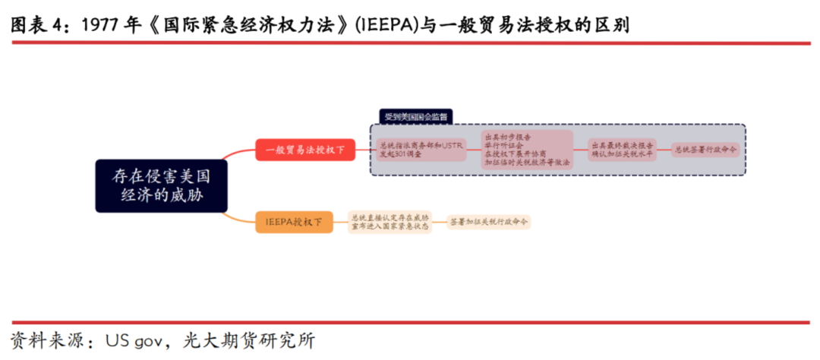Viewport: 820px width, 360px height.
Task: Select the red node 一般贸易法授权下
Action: pyautogui.click(x=304, y=150)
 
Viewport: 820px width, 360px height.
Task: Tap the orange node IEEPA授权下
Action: pyautogui.click(x=294, y=222)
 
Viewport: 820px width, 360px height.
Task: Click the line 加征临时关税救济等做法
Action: pyautogui.click(x=528, y=162)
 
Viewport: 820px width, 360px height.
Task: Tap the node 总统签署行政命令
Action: pyautogui.click(x=705, y=150)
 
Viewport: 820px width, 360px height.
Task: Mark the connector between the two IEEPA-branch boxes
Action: pyautogui.click(x=440, y=222)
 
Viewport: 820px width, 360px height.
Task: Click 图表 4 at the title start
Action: pyautogui.click(x=38, y=25)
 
